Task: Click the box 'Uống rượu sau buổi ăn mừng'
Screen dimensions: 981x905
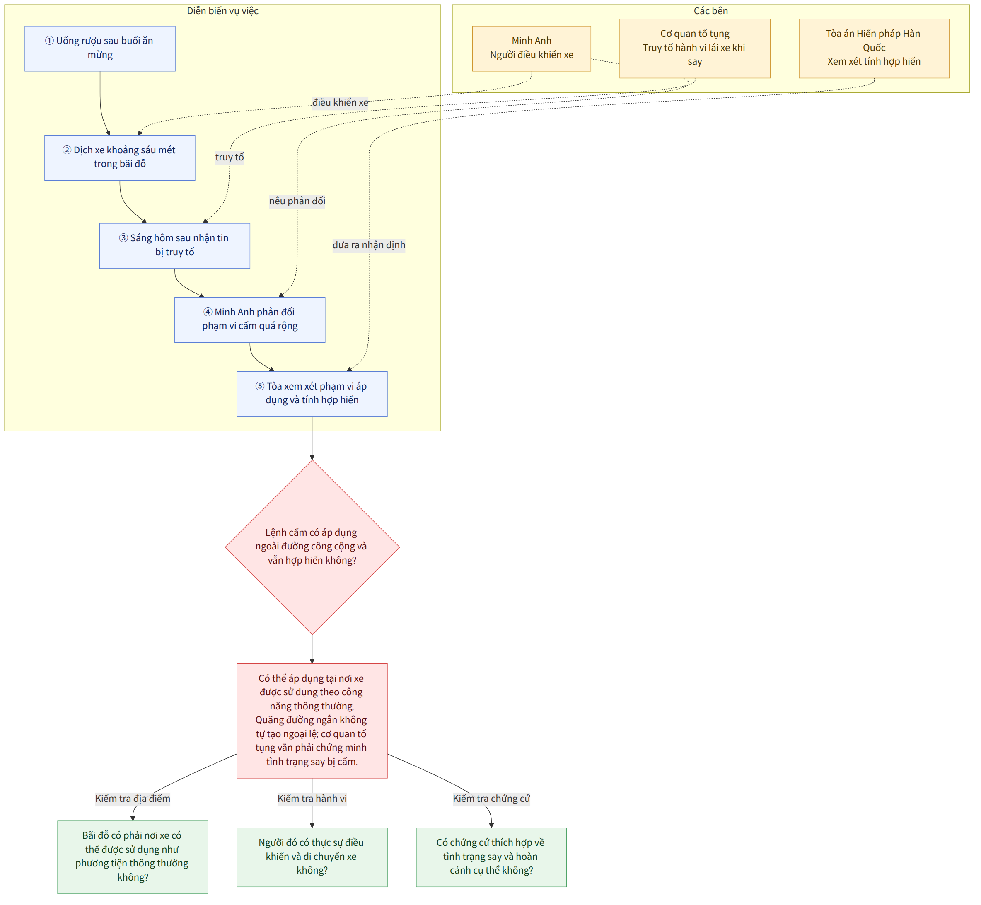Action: point(100,48)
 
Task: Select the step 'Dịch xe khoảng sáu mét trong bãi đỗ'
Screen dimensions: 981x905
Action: point(120,158)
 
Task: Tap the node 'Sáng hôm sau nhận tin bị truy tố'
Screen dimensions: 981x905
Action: point(175,246)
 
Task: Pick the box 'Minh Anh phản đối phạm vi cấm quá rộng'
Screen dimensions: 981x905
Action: point(250,320)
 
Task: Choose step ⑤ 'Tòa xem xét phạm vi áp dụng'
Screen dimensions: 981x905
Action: point(312,394)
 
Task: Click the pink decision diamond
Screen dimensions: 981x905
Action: point(312,547)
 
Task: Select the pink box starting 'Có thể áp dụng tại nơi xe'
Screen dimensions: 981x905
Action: point(312,720)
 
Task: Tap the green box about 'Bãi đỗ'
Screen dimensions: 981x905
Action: point(133,857)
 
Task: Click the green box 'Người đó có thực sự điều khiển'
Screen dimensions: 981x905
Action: point(312,857)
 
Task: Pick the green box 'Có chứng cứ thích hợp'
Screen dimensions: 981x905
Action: point(491,857)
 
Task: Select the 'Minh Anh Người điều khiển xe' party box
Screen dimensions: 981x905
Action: point(532,48)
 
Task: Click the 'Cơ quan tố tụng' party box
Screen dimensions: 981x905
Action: point(695,48)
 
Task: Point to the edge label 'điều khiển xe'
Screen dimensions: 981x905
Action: point(341,102)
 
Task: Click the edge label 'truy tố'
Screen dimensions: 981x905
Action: point(230,157)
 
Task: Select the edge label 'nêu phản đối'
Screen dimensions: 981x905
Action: point(297,201)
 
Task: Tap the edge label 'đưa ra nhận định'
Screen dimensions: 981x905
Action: point(369,245)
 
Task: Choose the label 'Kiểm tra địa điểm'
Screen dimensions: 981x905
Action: point(133,799)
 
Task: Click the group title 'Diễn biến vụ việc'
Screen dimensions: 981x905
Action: point(223,11)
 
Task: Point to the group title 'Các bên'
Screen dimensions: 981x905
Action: point(711,11)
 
